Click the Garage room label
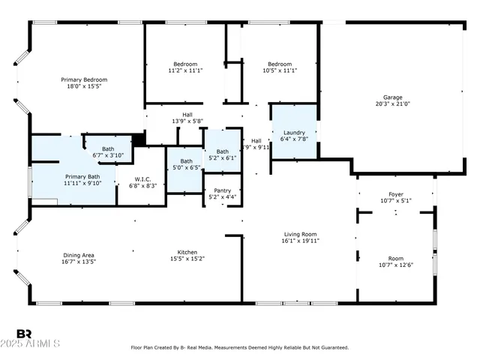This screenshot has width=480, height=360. [x=392, y=97]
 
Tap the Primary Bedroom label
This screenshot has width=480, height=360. [x=84, y=79]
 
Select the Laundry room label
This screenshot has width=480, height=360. [x=294, y=132]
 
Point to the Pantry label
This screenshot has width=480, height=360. [x=223, y=190]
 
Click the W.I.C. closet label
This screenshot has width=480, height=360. [x=142, y=178]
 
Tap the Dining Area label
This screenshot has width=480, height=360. [x=78, y=255]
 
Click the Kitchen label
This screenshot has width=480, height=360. [x=187, y=252]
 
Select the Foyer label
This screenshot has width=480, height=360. [x=396, y=193]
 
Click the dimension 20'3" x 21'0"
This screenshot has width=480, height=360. [x=392, y=103]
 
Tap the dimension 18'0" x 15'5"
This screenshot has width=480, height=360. [x=84, y=86]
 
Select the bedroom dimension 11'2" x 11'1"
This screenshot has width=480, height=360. [x=185, y=70]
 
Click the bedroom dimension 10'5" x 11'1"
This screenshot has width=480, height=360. [x=280, y=70]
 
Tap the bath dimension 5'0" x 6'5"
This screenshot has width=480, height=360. [x=186, y=167]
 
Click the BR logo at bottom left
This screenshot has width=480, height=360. [x=24, y=334]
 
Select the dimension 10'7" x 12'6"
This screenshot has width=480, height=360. [x=396, y=265]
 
